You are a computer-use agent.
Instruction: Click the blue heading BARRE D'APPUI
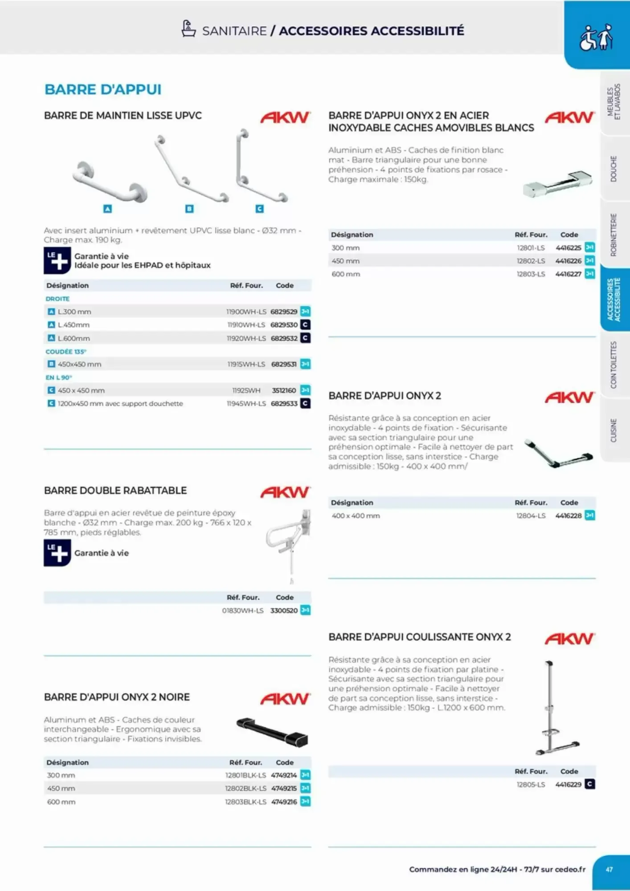click(103, 90)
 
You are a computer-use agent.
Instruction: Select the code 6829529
click(284, 312)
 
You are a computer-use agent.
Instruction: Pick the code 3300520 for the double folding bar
click(284, 611)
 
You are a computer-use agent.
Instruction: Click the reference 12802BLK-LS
click(245, 789)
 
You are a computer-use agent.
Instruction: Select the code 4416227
click(568, 274)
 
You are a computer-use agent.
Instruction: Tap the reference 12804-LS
click(531, 516)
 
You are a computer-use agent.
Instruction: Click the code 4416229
click(568, 785)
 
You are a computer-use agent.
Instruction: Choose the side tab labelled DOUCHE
click(614, 168)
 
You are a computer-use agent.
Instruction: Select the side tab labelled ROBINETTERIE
click(614, 235)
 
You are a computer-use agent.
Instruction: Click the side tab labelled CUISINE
click(614, 430)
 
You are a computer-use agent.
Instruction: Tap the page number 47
click(609, 869)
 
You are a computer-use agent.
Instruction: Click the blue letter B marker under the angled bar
click(189, 208)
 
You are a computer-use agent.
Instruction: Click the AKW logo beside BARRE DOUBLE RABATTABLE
click(285, 492)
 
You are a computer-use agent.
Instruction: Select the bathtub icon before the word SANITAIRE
click(188, 29)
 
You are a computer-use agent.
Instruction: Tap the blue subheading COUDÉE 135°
click(66, 351)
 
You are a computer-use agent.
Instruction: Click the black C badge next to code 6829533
click(305, 404)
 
